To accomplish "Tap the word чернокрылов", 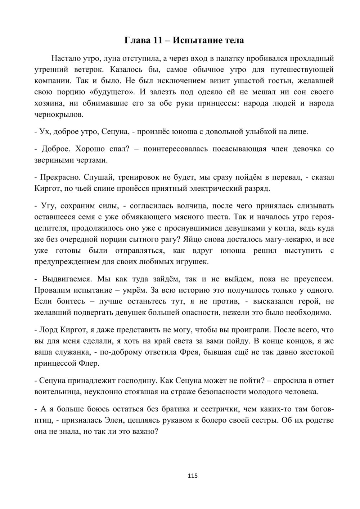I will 59,115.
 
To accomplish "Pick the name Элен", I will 175,420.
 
